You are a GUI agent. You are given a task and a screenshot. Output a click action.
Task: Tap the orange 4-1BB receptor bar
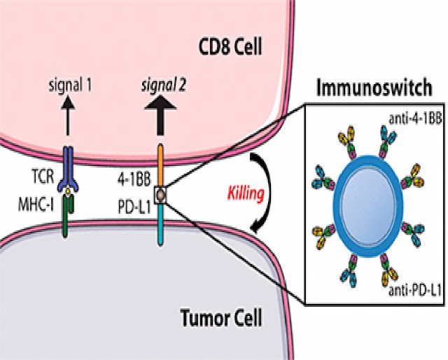coord(162,161)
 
